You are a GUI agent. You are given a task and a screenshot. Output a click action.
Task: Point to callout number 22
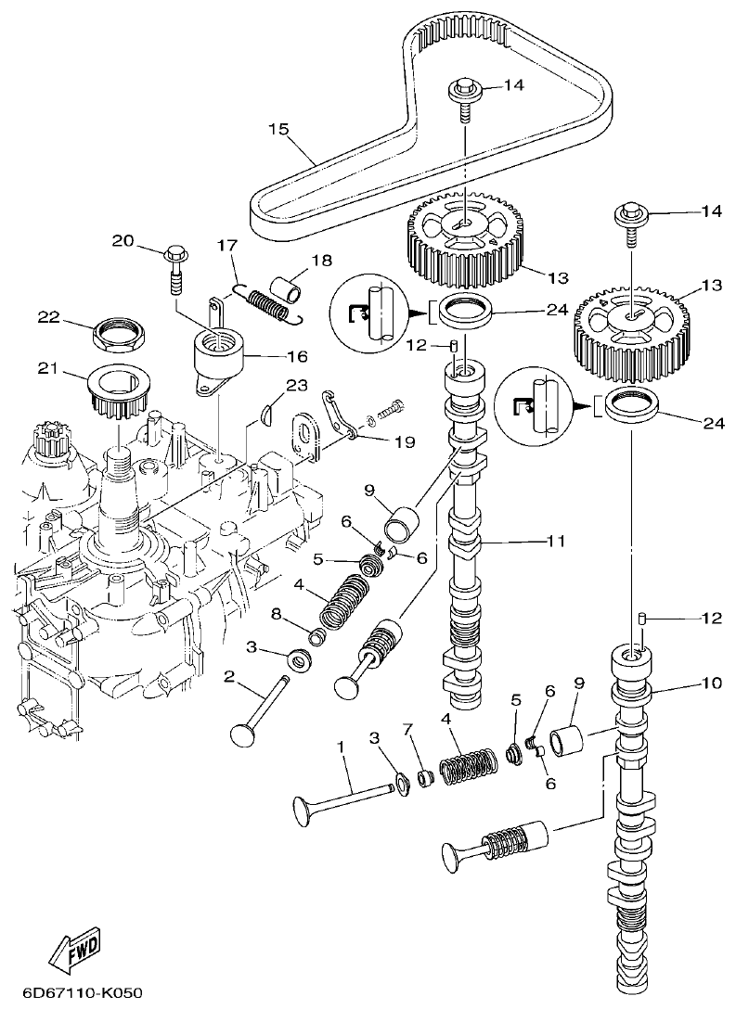coord(49,317)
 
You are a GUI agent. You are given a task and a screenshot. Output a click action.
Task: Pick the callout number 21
coord(49,369)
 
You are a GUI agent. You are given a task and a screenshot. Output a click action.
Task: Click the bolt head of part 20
coord(175,252)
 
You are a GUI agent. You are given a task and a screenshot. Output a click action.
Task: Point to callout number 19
coord(404,442)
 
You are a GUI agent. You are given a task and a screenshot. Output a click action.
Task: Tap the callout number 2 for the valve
coord(228,677)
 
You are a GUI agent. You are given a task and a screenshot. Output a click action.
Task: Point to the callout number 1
coord(341,747)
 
